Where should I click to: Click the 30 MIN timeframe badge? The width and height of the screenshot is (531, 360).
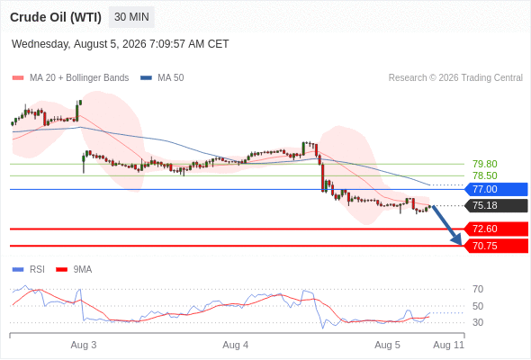pyautogui.click(x=131, y=17)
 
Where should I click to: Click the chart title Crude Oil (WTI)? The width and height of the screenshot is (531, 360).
pyautogui.click(x=56, y=17)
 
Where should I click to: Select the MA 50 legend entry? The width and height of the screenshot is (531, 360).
pyautogui.click(x=162, y=78)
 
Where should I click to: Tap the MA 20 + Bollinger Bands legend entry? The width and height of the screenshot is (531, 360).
pyautogui.click(x=70, y=78)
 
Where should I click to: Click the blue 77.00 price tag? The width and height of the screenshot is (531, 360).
pyautogui.click(x=496, y=189)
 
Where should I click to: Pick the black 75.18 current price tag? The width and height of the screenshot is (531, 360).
pyautogui.click(x=496, y=205)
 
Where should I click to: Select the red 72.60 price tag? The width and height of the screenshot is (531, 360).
pyautogui.click(x=496, y=229)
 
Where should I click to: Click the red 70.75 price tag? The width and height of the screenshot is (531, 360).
pyautogui.click(x=496, y=246)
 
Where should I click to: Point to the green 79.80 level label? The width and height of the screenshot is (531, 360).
pyautogui.click(x=485, y=164)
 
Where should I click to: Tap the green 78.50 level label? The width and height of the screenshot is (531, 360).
pyautogui.click(x=485, y=175)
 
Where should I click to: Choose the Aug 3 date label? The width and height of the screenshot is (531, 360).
pyautogui.click(x=84, y=345)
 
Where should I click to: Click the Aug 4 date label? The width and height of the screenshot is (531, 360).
pyautogui.click(x=236, y=345)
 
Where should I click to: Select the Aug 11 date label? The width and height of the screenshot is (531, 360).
pyautogui.click(x=449, y=345)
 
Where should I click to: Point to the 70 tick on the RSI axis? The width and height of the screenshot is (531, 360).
pyautogui.click(x=478, y=289)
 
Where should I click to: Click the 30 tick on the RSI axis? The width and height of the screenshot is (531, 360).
pyautogui.click(x=478, y=322)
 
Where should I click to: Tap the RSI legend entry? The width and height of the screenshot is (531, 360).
pyautogui.click(x=29, y=270)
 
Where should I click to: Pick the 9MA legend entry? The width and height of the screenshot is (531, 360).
pyautogui.click(x=74, y=270)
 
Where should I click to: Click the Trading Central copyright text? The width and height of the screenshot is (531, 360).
pyautogui.click(x=455, y=78)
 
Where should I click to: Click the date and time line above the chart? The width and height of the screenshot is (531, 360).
pyautogui.click(x=121, y=44)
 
